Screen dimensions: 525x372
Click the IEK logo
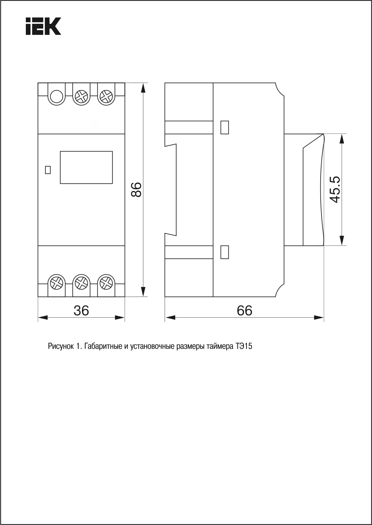click(x=43, y=26)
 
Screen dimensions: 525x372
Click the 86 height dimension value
click(x=137, y=189)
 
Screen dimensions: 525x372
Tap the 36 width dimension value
click(x=81, y=310)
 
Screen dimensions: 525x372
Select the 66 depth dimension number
click(x=244, y=310)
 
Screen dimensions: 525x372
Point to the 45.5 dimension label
click(x=334, y=189)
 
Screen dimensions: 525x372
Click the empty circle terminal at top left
click(x=56, y=97)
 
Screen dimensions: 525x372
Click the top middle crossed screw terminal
click(x=81, y=97)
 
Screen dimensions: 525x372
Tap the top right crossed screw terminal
click(x=106, y=97)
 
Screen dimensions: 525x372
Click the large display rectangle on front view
click(x=86, y=167)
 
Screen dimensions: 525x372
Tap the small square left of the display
click(x=47, y=170)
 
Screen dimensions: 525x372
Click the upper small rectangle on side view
click(x=224, y=127)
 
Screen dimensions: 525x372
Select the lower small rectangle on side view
click(x=224, y=252)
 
